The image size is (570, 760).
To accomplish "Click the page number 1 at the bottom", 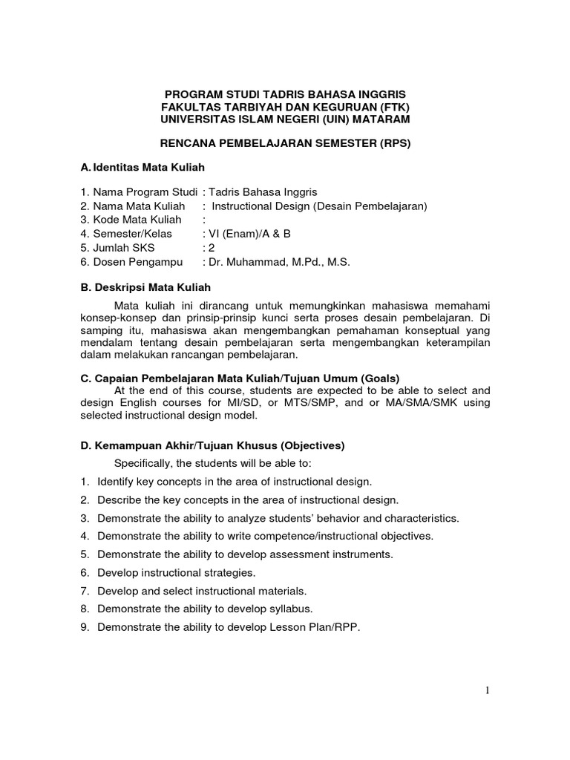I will [x=488, y=691].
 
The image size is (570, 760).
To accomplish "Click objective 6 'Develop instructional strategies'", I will [x=177, y=573].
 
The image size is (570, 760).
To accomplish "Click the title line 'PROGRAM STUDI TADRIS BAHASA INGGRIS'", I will [x=285, y=95].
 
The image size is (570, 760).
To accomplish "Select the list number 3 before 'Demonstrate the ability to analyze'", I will [x=85, y=518].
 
